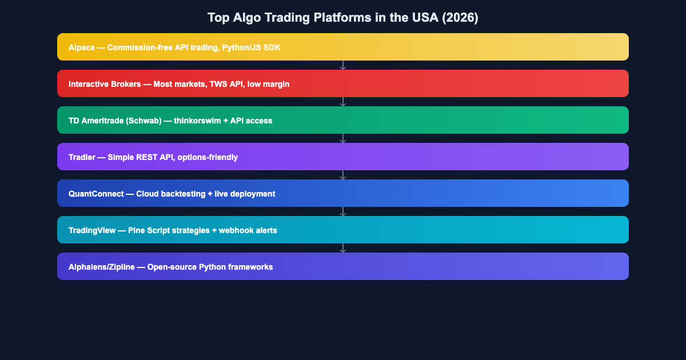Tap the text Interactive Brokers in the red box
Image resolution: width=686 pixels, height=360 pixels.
[105, 84]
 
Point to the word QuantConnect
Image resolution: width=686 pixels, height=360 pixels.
[95, 194]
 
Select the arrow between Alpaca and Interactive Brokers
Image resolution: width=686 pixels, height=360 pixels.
[343, 65]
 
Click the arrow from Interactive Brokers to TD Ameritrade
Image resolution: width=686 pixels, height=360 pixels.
[343, 102]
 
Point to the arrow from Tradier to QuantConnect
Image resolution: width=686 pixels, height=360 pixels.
[343, 175]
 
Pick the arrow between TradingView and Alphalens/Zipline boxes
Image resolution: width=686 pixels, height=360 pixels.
[343, 248]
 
